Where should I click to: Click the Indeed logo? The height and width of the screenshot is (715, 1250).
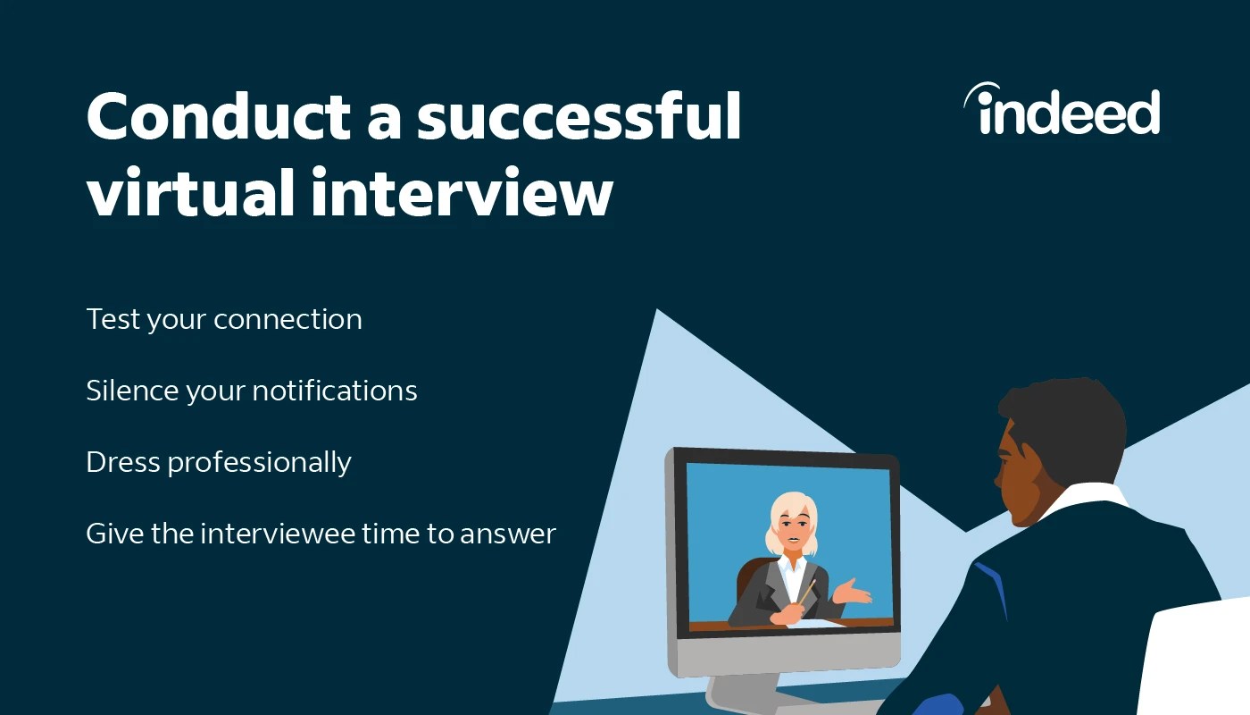[1062, 111]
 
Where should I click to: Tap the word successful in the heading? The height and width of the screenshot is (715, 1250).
[579, 117]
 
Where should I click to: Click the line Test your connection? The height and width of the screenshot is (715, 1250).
[224, 319]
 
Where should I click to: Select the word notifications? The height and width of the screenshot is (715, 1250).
[335, 391]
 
